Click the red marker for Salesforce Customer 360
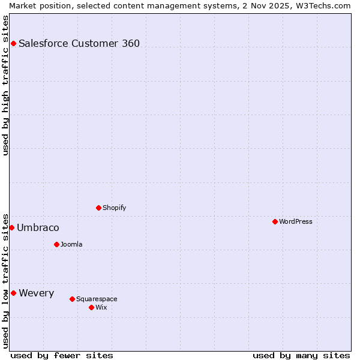click(x=13, y=43)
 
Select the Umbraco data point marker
click(x=11, y=227)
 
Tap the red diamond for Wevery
click(x=13, y=293)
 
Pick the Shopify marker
click(x=98, y=208)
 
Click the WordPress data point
click(x=275, y=221)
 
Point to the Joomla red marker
click(x=56, y=244)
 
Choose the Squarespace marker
click(x=72, y=299)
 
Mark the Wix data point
click(x=91, y=307)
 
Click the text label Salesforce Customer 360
click(x=79, y=43)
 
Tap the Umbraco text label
click(x=38, y=227)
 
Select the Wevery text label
click(x=37, y=293)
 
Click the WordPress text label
click(x=296, y=221)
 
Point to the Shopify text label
click(x=115, y=208)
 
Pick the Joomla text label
click(x=71, y=244)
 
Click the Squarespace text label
click(x=97, y=299)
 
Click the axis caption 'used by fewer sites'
click(x=62, y=355)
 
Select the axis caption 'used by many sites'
click(x=301, y=355)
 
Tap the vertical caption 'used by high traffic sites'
click(x=5, y=85)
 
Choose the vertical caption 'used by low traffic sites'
click(x=5, y=280)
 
